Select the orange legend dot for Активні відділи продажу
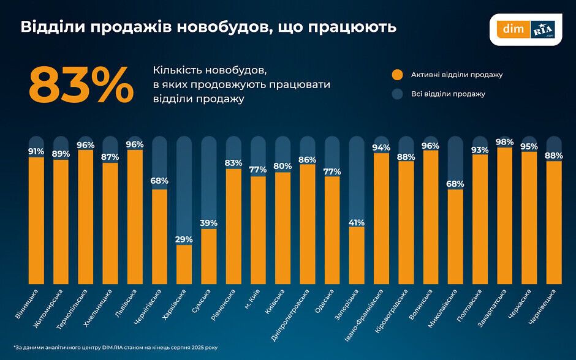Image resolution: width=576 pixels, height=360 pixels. pos(398,75)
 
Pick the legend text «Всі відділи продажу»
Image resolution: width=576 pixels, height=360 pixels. pos(448,94)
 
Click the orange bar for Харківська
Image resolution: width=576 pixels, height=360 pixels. pos(184,264)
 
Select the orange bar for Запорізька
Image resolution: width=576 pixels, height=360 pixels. pos(357,255)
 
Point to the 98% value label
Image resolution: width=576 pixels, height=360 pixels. pos(504,142)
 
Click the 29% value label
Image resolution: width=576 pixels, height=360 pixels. pos(184,239)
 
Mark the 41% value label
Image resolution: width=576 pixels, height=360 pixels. pos(357,222)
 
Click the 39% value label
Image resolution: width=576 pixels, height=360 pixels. pos(209,223)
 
